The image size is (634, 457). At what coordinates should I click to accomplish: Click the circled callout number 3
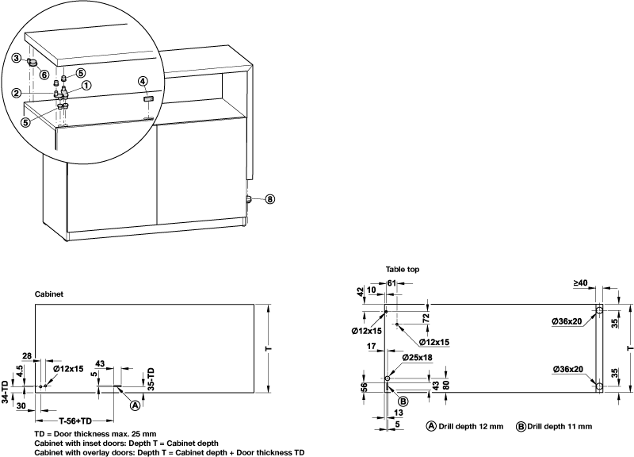(16, 58)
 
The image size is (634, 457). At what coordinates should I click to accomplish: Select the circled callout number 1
(86, 85)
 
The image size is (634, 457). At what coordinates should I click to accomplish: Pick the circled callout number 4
(143, 81)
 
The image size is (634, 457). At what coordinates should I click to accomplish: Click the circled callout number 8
(269, 200)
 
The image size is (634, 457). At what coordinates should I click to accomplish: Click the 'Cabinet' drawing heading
(48, 294)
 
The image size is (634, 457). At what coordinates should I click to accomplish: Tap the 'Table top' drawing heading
(403, 270)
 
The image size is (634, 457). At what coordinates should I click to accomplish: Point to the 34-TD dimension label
(6, 392)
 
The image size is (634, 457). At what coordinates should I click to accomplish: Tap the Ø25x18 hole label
(418, 358)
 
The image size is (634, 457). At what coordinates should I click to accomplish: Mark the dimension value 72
(426, 317)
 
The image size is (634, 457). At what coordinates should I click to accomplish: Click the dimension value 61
(391, 283)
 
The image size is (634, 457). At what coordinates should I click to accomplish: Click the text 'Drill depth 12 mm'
(471, 426)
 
